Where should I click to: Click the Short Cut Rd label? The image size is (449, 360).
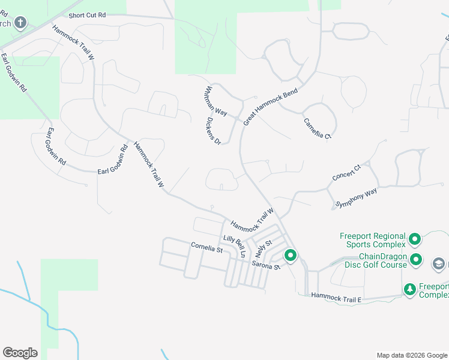[x=87, y=16]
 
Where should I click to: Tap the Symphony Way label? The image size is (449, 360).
[x=357, y=197]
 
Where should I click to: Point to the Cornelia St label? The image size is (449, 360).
[x=207, y=246]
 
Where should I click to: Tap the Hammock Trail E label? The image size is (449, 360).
[x=336, y=297]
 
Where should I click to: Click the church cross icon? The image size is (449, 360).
[x=20, y=23]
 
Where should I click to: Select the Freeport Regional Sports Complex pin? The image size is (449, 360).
[x=414, y=241]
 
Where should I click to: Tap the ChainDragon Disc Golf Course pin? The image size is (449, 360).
[x=417, y=260]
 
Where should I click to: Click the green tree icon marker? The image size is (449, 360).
[x=410, y=290]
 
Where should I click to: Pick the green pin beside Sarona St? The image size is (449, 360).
[x=291, y=256]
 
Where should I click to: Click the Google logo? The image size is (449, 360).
[x=20, y=353]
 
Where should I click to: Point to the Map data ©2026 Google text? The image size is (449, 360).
[x=411, y=355]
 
